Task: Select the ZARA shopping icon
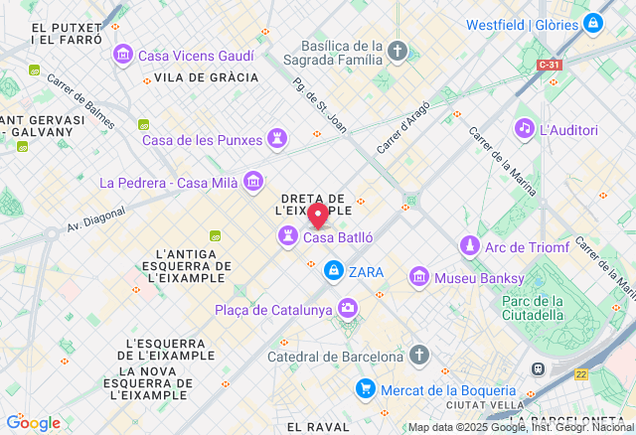333,271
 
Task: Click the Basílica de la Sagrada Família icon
397,51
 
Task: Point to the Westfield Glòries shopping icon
592,22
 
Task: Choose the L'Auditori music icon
524,129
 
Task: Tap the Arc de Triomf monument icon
468,245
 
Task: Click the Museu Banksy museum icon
418,277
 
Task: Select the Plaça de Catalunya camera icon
348,310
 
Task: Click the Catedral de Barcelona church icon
419,356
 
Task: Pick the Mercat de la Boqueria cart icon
366,390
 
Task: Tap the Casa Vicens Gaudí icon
123,54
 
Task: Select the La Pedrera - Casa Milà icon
253,182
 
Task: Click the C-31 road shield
550,65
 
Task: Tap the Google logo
33,422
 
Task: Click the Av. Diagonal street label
96,218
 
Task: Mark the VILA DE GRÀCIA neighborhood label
207,77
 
